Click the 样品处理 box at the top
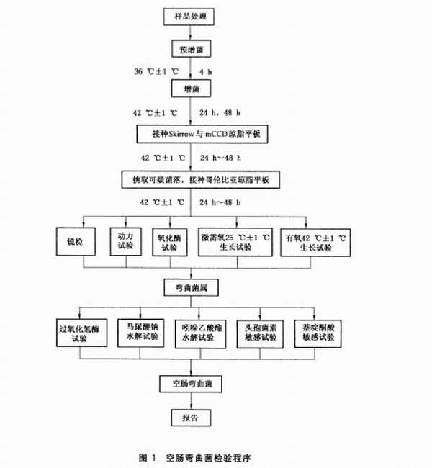pos(189,15)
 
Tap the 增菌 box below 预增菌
pos(189,89)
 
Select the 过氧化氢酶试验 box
pos(83,333)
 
